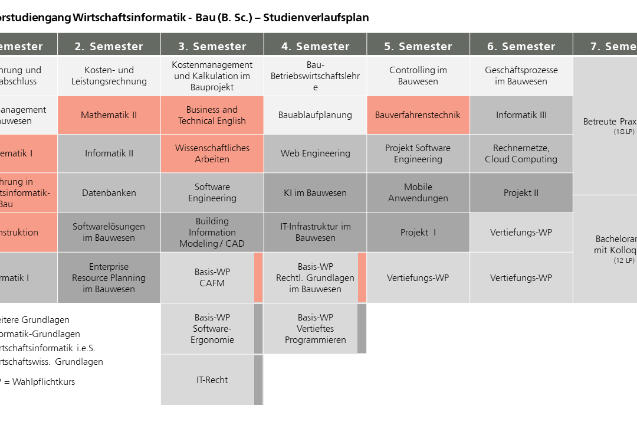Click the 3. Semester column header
[212, 45]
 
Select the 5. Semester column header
[418, 45]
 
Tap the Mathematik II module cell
[109, 115]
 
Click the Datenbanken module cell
[109, 193]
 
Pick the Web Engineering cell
[315, 153]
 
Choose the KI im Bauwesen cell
[315, 193]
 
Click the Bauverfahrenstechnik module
[418, 115]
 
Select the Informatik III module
[521, 115]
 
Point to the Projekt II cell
[521, 193]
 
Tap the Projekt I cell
[418, 233]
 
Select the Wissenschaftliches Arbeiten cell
[212, 153]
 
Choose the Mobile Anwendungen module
[418, 193]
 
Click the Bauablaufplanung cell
[315, 115]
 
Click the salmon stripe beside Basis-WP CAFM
[258, 277]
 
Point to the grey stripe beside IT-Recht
[258, 380]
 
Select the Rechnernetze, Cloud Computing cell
[521, 153]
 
